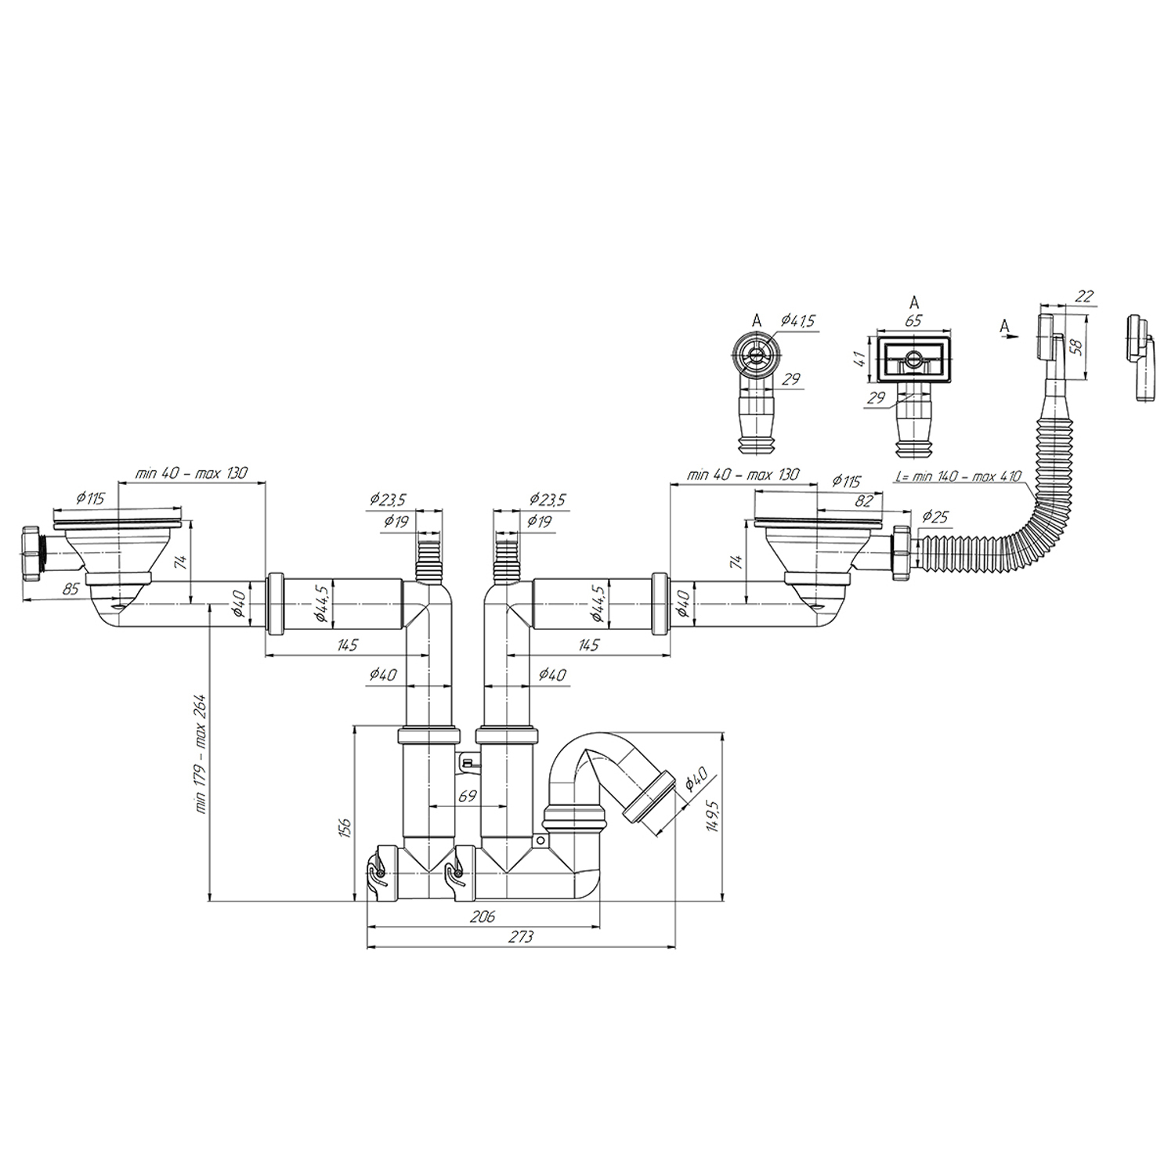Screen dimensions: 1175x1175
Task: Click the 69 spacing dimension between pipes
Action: click(468, 796)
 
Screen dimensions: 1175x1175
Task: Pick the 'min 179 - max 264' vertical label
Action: click(201, 752)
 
